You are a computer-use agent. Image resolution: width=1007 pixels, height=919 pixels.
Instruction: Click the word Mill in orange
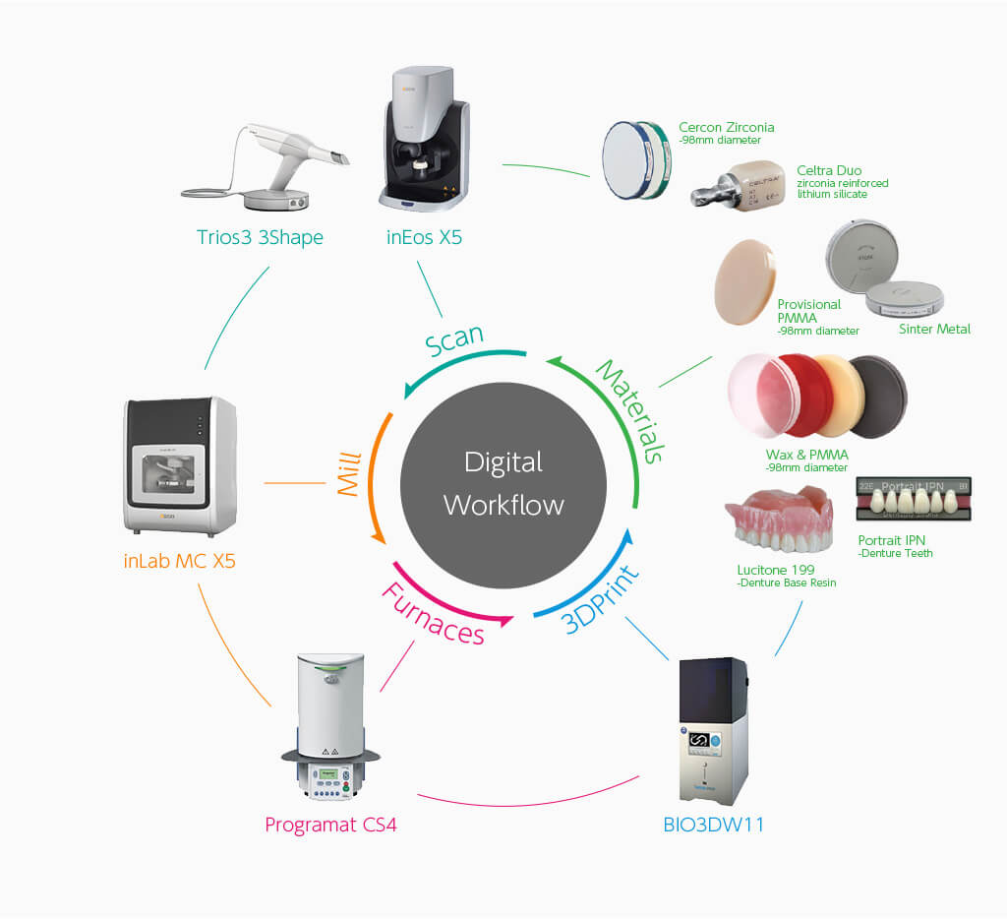pyautogui.click(x=350, y=474)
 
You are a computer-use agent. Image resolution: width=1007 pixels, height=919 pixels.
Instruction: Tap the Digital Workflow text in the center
pyautogui.click(x=503, y=483)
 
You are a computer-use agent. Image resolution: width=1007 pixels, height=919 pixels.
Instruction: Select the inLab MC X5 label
pyautogui.click(x=180, y=562)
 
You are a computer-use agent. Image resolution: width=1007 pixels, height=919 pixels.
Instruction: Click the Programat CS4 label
pyautogui.click(x=330, y=824)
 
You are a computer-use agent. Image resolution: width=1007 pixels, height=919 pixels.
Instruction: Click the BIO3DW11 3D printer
pyautogui.click(x=713, y=729)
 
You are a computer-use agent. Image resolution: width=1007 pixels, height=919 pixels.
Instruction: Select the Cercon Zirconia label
pyautogui.click(x=726, y=127)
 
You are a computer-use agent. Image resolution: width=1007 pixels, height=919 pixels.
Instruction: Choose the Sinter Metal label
pyautogui.click(x=933, y=329)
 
